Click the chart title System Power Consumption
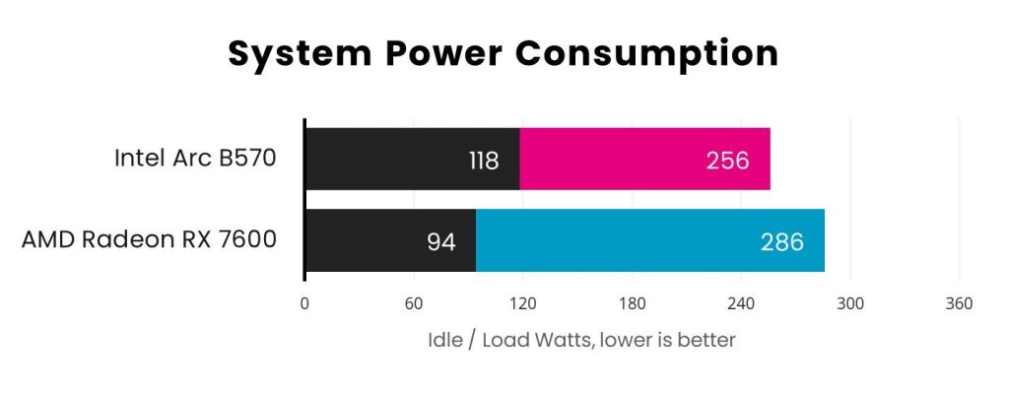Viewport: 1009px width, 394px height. (504, 53)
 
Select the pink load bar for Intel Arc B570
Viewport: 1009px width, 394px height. (644, 159)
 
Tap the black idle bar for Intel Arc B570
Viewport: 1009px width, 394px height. (412, 159)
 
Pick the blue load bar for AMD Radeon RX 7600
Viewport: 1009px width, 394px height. (650, 240)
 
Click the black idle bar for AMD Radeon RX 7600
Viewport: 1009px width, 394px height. (390, 240)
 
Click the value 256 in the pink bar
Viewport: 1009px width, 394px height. (727, 160)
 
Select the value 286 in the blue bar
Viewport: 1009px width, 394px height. (782, 241)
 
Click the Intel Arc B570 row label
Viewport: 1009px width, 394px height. (195, 159)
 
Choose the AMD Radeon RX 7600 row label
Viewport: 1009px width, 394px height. (149, 240)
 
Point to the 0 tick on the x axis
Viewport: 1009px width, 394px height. (304, 303)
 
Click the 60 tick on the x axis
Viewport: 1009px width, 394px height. (413, 303)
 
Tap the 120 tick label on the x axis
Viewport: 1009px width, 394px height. (522, 303)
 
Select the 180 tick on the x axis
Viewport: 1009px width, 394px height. (632, 303)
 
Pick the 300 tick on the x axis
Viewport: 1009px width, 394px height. (849, 303)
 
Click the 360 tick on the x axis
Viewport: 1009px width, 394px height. (959, 303)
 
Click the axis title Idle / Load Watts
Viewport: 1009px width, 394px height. (581, 341)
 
